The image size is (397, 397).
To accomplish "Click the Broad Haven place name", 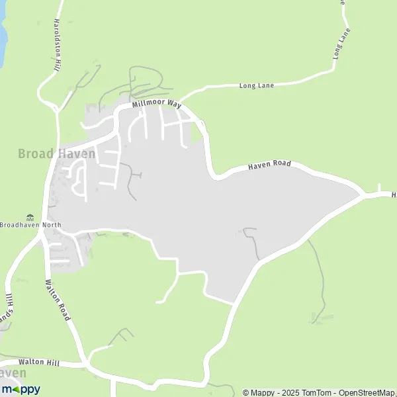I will pos(56,154).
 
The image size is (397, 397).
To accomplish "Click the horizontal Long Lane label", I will pos(256,85).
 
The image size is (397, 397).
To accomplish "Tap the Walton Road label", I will pos(58,300).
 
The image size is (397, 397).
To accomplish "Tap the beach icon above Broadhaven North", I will pos(30,216).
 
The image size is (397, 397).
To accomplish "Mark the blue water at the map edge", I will pos(2,36).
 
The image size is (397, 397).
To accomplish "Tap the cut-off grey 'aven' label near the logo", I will pos(15,374).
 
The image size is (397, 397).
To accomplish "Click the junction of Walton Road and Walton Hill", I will pos(85,364).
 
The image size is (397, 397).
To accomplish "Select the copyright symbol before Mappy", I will pos(246,392).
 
